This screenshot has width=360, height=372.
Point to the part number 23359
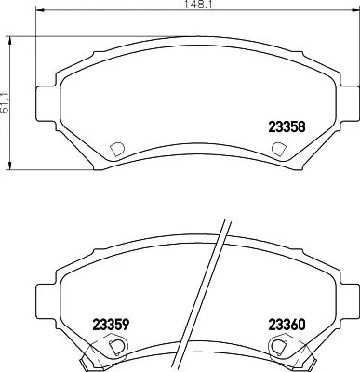[x=110, y=325]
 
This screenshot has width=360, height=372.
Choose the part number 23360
[x=287, y=325]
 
